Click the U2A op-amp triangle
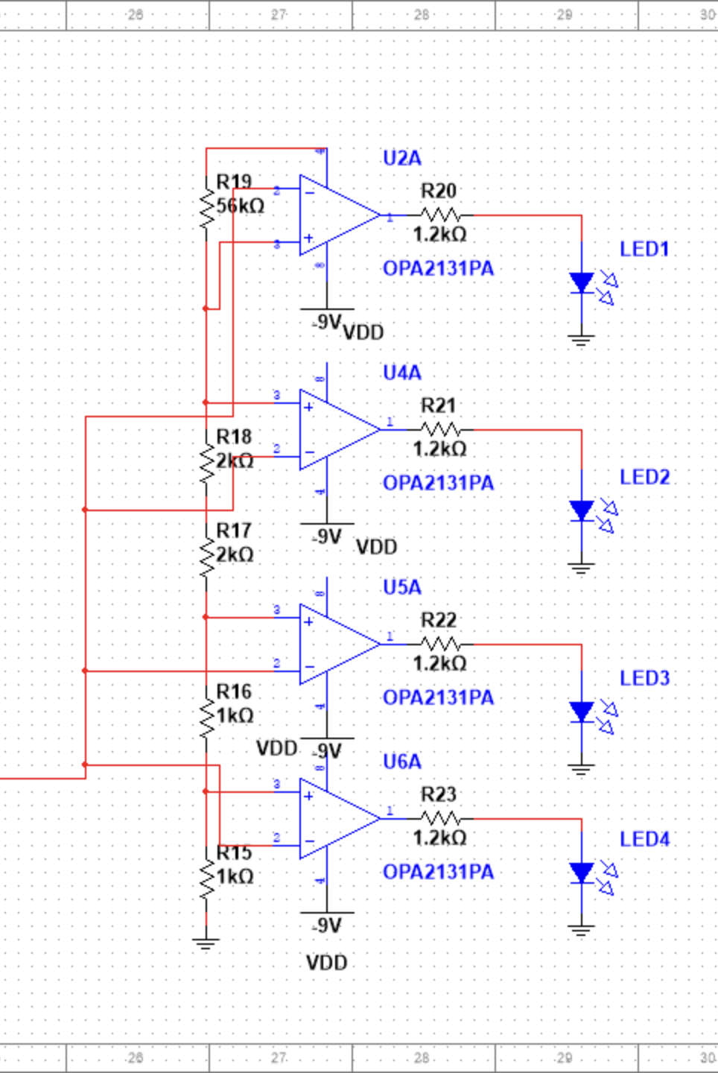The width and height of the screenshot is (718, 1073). point(335,216)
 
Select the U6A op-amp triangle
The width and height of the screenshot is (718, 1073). point(335,818)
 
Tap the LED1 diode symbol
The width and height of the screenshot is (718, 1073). point(582,283)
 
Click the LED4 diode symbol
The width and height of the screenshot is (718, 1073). point(582,873)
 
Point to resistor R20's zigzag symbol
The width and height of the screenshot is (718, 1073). point(441,215)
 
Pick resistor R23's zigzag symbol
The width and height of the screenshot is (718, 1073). point(441,819)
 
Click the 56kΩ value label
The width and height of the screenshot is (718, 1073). point(241,206)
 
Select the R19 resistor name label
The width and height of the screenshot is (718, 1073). point(234,182)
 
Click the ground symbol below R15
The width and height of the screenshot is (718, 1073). point(206,943)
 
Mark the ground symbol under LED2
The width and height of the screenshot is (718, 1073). point(582,568)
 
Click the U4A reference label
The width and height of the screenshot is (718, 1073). point(401,373)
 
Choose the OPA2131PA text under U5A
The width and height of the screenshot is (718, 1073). point(438,697)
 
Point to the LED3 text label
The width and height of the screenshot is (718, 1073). point(644,678)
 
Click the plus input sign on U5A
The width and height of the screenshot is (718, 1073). point(308,621)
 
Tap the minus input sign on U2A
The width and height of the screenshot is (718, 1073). point(309,192)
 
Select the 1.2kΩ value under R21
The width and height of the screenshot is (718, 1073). point(439,449)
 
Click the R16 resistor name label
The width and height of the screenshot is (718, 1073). point(234,691)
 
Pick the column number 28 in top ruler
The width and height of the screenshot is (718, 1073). point(422,14)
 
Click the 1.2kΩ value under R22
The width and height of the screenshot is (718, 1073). point(439,663)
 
